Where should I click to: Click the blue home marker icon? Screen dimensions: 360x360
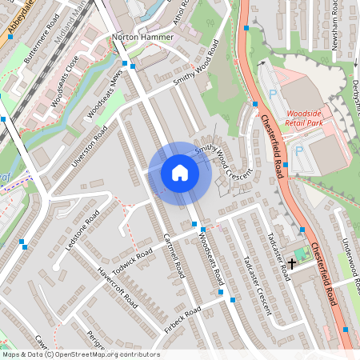(180, 173)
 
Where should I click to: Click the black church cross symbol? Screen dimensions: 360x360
(293, 262)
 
